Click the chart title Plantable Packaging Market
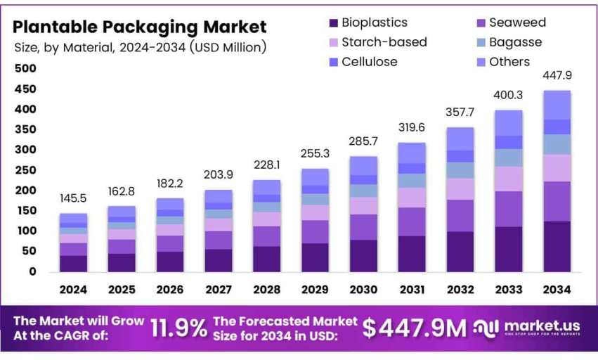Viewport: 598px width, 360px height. [x=141, y=27]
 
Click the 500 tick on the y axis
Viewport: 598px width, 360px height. [x=25, y=68]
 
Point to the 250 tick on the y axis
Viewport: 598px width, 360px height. [x=25, y=169]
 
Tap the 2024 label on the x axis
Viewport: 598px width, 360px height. [x=73, y=290]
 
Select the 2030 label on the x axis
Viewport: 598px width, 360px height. [x=363, y=290]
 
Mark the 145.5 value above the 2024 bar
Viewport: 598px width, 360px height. [x=73, y=200]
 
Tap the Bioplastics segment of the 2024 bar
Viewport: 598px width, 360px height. [x=73, y=263]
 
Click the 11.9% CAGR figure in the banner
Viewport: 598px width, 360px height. [x=179, y=328]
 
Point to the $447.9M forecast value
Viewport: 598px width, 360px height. [x=415, y=328]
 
